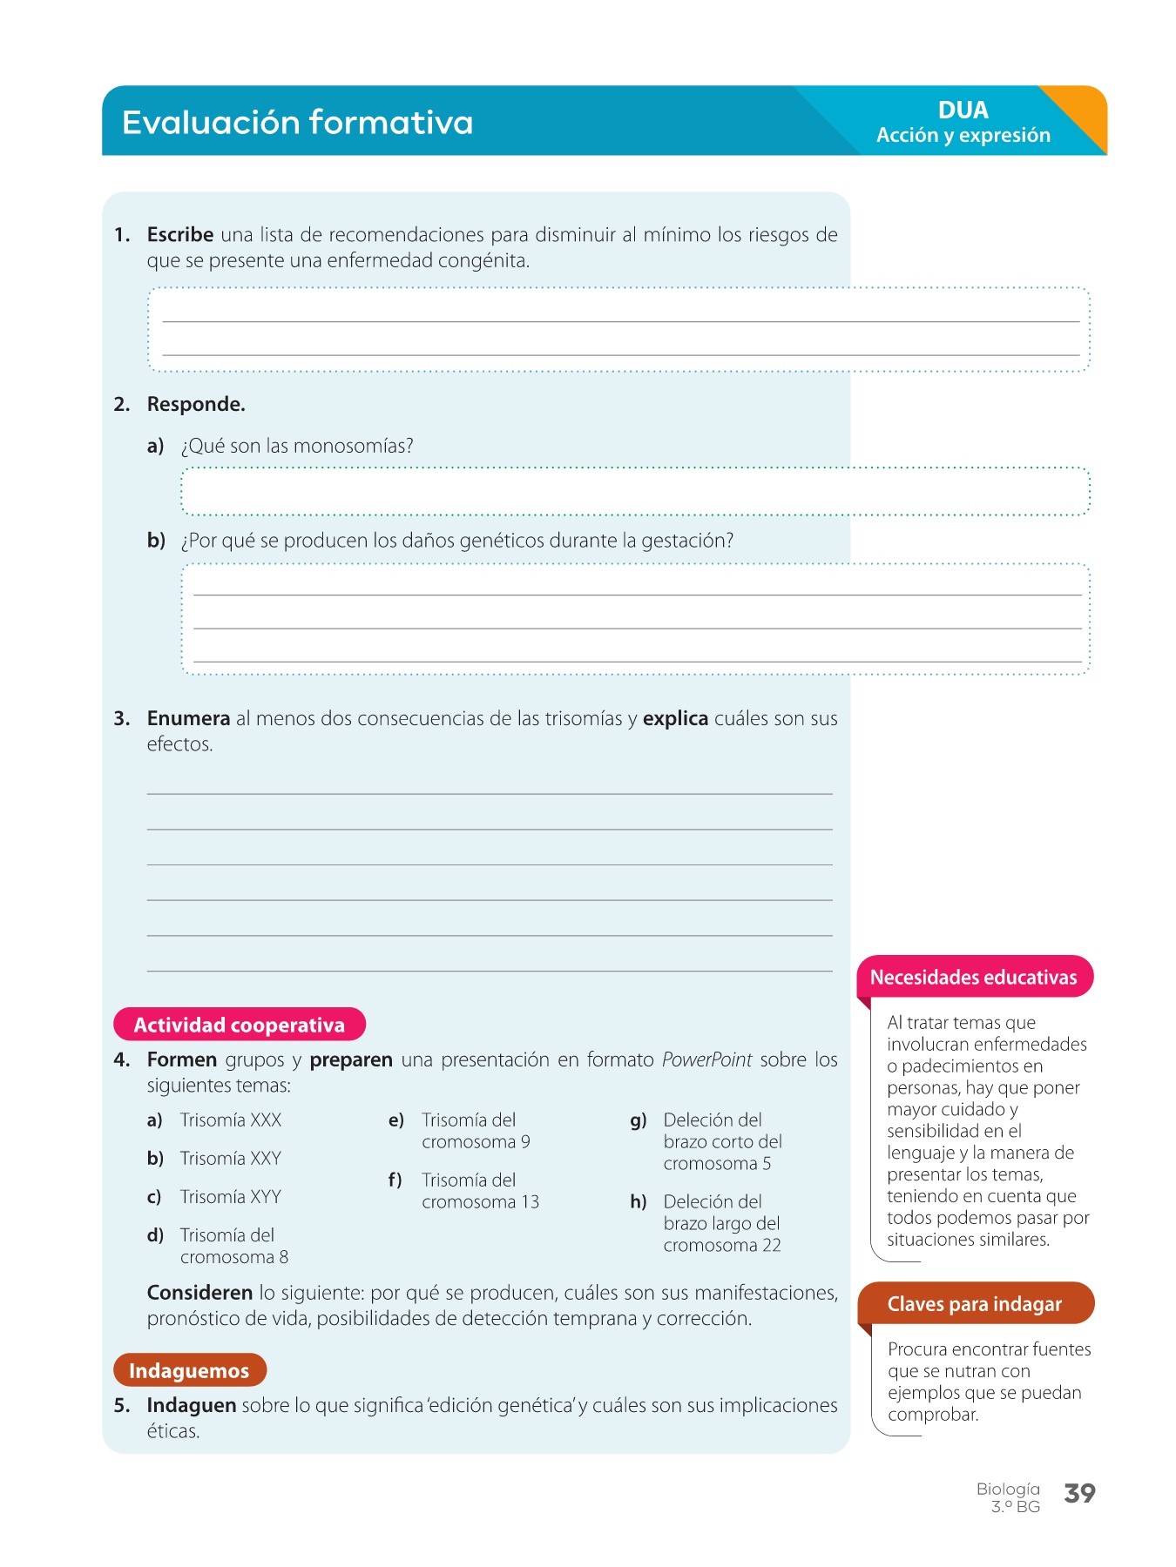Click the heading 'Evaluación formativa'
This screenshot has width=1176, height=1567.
click(x=297, y=123)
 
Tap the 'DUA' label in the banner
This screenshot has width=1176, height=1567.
click(x=963, y=111)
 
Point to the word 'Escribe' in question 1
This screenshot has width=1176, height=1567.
click(x=180, y=235)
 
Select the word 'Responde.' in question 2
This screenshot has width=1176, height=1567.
click(x=196, y=405)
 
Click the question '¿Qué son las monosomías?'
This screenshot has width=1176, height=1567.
click(x=296, y=447)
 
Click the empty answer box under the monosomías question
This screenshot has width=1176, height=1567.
click(x=635, y=492)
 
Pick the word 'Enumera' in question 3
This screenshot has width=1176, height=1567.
click(x=188, y=719)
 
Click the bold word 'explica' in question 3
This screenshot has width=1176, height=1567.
click(x=675, y=719)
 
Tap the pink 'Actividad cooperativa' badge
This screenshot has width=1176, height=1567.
click(x=240, y=1026)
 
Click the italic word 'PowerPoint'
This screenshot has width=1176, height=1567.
click(x=706, y=1060)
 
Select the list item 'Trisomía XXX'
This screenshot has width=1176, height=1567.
click(x=231, y=1120)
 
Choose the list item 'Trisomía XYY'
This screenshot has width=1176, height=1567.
click(x=231, y=1197)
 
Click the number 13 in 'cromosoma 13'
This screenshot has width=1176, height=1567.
click(x=531, y=1202)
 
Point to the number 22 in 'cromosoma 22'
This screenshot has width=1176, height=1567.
click(x=772, y=1246)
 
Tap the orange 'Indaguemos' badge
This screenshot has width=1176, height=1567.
click(x=189, y=1371)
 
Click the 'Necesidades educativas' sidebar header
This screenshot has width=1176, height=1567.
click(x=974, y=978)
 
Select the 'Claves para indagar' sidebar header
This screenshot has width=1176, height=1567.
click(x=975, y=1304)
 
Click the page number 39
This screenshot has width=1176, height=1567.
click(x=1079, y=1494)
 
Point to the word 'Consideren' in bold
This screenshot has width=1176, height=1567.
click(x=200, y=1294)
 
